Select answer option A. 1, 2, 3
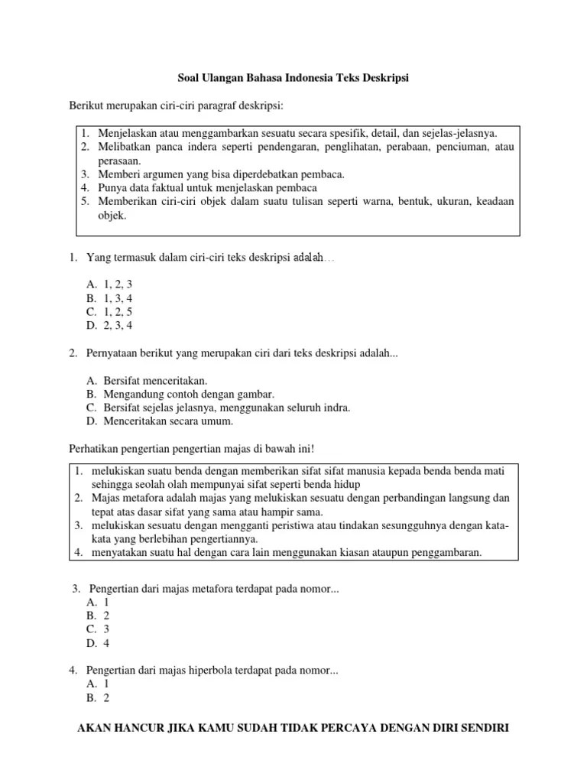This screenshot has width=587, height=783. click(110, 284)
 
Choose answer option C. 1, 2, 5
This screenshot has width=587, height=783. click(110, 312)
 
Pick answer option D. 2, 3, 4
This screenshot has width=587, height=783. click(110, 326)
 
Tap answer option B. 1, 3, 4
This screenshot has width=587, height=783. click(110, 298)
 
